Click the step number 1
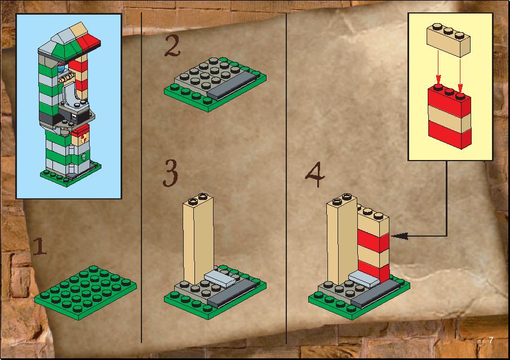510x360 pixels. coord(40,246)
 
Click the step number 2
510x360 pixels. coord(172,46)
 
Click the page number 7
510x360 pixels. coord(491,340)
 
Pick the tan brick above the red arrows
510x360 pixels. coord(449,41)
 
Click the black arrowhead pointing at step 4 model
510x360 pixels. coord(400,236)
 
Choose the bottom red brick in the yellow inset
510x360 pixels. coord(449,134)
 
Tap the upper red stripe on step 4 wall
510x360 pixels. coord(374,241)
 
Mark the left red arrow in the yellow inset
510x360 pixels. coord(438,69)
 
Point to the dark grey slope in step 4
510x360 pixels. coord(376,294)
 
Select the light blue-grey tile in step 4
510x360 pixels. coord(364,279)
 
